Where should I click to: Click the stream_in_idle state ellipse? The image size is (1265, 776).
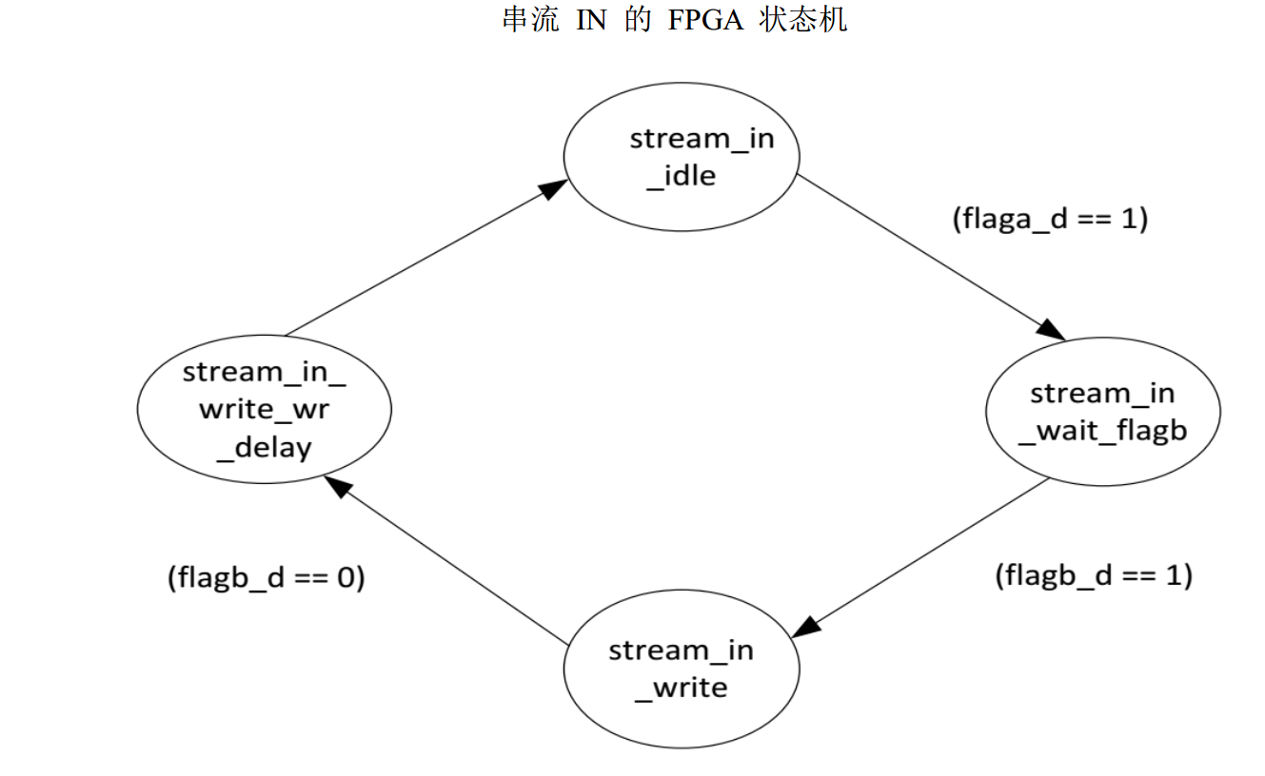(x=682, y=158)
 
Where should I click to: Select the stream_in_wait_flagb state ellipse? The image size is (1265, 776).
(x=1102, y=412)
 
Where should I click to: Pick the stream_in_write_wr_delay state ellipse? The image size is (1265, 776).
(x=264, y=409)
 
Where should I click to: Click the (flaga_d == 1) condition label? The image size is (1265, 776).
(x=1051, y=219)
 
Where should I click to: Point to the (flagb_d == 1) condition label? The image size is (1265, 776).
(x=1094, y=575)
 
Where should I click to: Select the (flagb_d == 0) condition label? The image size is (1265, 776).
(x=266, y=578)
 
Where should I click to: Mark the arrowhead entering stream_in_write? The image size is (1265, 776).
(x=807, y=627)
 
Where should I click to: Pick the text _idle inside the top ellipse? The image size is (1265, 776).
(x=681, y=176)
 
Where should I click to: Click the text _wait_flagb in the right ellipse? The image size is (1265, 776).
(x=1102, y=431)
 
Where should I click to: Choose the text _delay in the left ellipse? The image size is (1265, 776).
(x=264, y=446)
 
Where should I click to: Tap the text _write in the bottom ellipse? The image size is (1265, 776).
(x=681, y=688)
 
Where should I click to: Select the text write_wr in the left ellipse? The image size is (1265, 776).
(x=264, y=409)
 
